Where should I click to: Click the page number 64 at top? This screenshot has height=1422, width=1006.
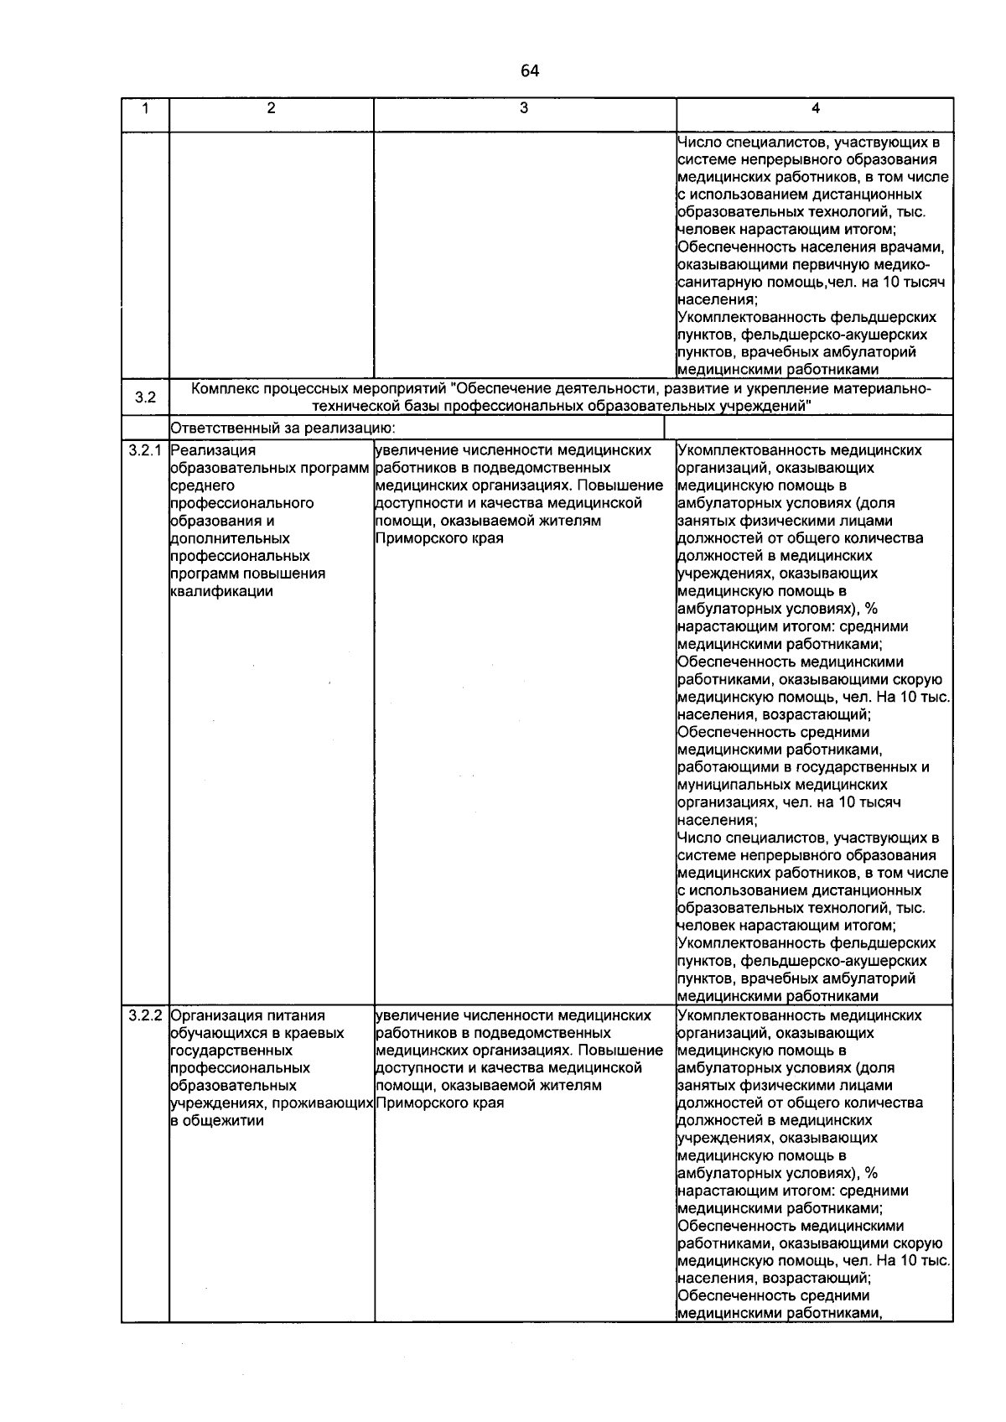point(529,71)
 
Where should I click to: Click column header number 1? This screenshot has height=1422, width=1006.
point(146,108)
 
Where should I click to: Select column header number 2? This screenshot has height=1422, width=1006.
point(271,108)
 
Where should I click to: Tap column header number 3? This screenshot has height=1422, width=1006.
point(524,108)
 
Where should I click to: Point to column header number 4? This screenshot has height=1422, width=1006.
point(815,108)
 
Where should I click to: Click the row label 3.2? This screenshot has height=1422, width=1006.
point(146,397)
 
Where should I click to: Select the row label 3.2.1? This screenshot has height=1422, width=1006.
point(145,450)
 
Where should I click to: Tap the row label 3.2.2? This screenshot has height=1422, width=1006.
point(145,1015)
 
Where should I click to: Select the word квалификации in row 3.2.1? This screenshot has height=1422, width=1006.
point(221,591)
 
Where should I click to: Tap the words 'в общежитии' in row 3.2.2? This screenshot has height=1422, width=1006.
point(216,1121)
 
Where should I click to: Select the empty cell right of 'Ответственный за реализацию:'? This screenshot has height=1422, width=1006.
point(808,428)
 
